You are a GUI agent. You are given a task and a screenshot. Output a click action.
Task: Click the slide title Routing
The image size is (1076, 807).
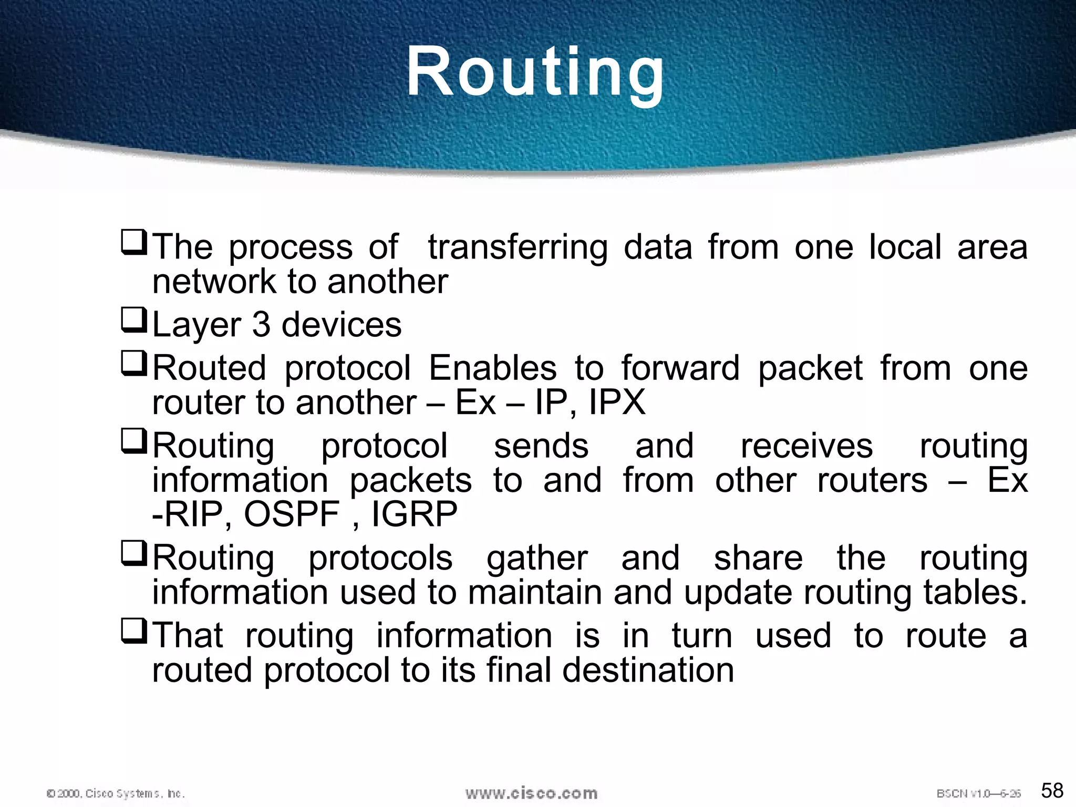[535, 72]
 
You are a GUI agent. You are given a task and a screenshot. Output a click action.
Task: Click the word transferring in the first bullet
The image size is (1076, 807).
[518, 247]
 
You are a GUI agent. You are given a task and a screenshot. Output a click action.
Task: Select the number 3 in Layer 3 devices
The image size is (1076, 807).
[261, 325]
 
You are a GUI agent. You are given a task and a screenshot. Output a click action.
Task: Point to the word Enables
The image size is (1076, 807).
[492, 368]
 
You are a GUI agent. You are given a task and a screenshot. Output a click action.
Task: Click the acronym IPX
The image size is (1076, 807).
[617, 403]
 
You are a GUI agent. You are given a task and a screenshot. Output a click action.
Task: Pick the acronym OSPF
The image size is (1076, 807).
[292, 514]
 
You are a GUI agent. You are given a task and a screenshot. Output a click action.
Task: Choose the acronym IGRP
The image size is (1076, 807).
[414, 514]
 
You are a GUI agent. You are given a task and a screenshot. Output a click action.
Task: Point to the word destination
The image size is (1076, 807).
[648, 671]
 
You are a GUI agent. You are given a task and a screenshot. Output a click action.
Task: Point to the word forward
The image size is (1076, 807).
[680, 368]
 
